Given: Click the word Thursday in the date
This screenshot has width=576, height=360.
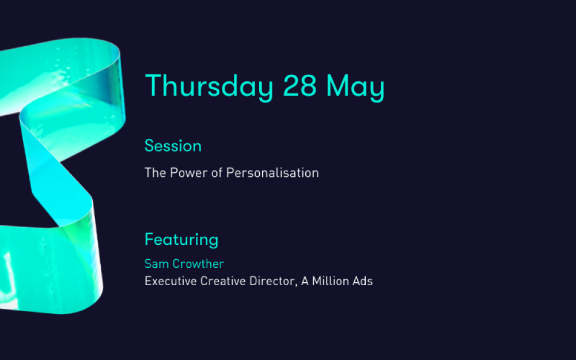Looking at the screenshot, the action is tap(210, 87).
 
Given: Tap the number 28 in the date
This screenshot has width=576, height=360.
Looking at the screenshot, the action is tap(300, 86).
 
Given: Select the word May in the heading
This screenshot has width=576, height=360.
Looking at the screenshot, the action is tap(355, 88).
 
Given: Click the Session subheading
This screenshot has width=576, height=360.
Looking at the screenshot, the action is tap(173, 146).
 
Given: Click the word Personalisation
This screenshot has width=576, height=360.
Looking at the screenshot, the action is tap(272, 173).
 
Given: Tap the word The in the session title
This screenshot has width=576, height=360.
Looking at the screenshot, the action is tap(156, 173).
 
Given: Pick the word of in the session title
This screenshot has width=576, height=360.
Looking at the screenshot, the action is tap(217, 173).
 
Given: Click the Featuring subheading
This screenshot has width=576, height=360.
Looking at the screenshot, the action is tap(181, 240).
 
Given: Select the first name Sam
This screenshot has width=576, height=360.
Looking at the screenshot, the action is tap(157, 264).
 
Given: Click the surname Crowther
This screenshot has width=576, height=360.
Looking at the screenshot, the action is tap(198, 264).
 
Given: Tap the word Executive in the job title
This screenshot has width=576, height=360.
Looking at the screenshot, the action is tap(171, 281).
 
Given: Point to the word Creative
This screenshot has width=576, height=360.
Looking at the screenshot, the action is tap(223, 281).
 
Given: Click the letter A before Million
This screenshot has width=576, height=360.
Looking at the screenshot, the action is tap(305, 281).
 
